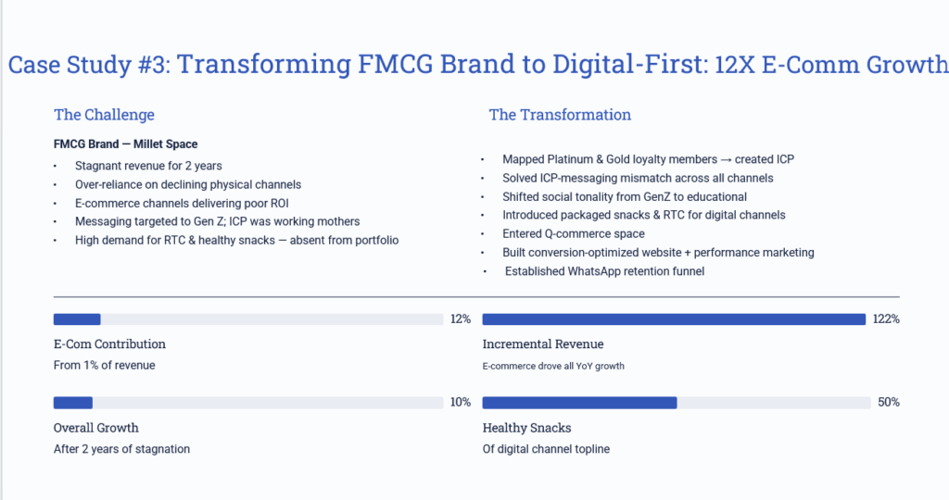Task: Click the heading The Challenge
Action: pyautogui.click(x=104, y=115)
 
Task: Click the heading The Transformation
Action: pyautogui.click(x=560, y=115)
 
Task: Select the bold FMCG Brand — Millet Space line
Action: pyautogui.click(x=125, y=144)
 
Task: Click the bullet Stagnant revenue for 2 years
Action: pyautogui.click(x=148, y=166)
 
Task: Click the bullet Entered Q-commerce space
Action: pyautogui.click(x=573, y=233)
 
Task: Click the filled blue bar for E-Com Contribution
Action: pyautogui.click(x=77, y=319)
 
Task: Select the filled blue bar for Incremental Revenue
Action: pyautogui.click(x=674, y=319)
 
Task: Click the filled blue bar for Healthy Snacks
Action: pyautogui.click(x=579, y=403)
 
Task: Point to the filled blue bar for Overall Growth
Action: pyautogui.click(x=73, y=403)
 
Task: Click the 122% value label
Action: pyautogui.click(x=886, y=319)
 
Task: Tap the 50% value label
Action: pyautogui.click(x=889, y=403)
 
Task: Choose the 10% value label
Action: pyautogui.click(x=461, y=403)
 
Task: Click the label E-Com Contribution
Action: pyautogui.click(x=109, y=344)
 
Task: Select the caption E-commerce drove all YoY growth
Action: pyautogui.click(x=553, y=366)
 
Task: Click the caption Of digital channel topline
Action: pyautogui.click(x=546, y=449)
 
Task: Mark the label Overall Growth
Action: pyautogui.click(x=95, y=428)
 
